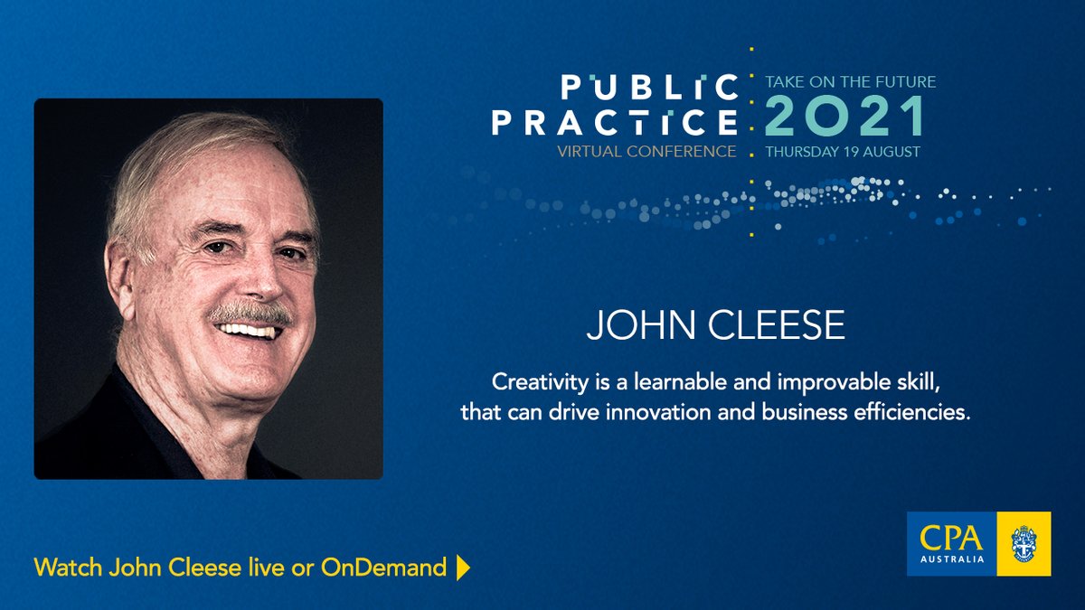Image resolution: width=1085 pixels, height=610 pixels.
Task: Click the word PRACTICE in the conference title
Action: point(615,122)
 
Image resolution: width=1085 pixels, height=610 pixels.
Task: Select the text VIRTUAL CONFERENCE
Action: point(647,151)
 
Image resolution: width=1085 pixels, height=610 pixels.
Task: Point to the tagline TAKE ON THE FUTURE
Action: point(850,81)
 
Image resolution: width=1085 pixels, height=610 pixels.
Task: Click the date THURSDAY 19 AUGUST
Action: point(843,152)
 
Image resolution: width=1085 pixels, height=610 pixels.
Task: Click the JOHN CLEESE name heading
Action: point(715,326)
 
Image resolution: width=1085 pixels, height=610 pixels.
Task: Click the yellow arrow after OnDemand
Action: point(463,568)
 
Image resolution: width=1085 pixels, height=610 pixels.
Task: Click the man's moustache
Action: point(250,314)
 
